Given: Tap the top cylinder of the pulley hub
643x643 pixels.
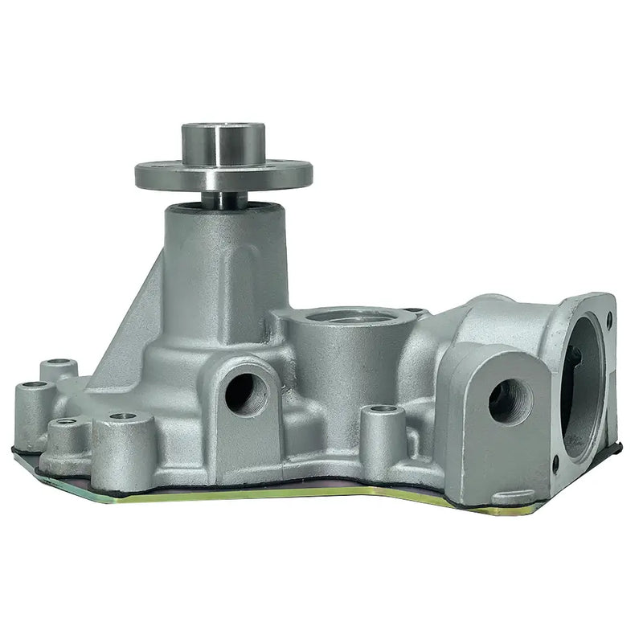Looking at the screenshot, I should [x=223, y=142].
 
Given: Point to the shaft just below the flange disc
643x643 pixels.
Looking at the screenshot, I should [x=223, y=198].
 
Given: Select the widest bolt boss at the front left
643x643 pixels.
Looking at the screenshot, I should [x=122, y=446].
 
